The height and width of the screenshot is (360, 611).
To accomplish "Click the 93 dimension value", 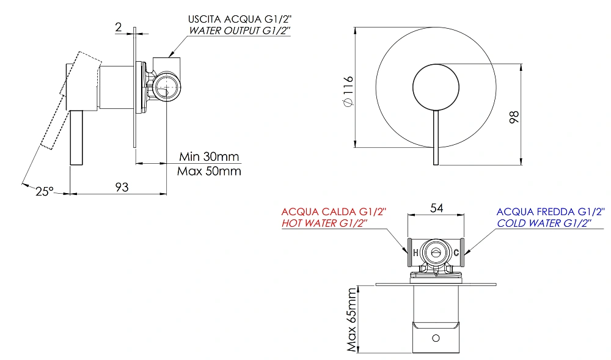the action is point(122,187).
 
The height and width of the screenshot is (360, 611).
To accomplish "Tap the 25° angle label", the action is point(45,191).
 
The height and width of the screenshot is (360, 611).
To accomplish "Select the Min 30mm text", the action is point(209,156).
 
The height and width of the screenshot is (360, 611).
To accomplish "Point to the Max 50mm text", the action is point(209,171).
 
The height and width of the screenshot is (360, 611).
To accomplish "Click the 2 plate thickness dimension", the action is point(119,27).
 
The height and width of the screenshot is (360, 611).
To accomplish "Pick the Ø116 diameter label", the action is point(348,91).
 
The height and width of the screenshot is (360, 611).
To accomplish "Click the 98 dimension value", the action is point(514,117).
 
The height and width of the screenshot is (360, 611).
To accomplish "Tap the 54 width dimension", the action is point(436,208).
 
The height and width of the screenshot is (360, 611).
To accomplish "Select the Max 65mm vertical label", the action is point(352,320).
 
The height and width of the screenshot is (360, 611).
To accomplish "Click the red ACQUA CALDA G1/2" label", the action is point(334,211).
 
